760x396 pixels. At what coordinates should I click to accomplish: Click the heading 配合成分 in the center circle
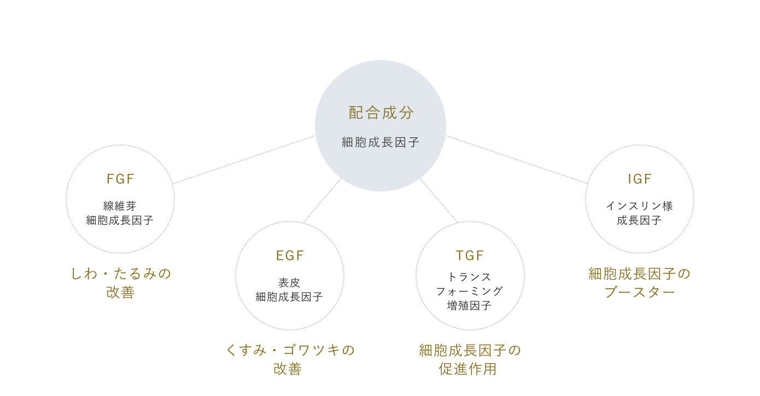coord(381,113)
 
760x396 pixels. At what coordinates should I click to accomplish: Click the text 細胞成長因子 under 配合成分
coord(381,143)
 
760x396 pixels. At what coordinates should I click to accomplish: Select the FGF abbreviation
coord(120,179)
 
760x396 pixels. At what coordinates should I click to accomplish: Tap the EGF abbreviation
coord(289,255)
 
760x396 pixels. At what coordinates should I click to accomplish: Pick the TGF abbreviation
coord(470,255)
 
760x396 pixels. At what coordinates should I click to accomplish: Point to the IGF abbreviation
coord(639,179)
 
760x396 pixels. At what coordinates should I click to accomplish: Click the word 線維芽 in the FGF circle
coord(120,206)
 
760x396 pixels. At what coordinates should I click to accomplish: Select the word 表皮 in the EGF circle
coord(289,283)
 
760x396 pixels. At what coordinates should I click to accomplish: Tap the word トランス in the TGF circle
coord(470,277)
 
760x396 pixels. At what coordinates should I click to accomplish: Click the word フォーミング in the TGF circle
coord(470,291)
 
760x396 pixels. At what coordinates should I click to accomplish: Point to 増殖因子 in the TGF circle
coord(470,305)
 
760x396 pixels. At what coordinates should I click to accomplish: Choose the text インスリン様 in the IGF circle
coord(639,206)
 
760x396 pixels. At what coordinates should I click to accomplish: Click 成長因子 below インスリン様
coord(639,220)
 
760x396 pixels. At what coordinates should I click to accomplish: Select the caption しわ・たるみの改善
coord(121,282)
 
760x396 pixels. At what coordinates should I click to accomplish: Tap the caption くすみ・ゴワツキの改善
coord(290,358)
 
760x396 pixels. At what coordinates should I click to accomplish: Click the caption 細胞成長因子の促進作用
coord(470,358)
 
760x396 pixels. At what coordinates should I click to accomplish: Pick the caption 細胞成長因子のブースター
coord(639,282)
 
